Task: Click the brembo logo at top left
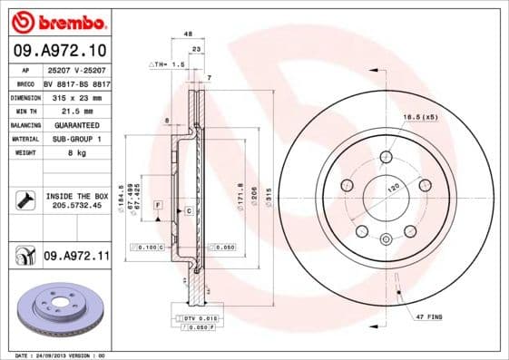[x=59, y=20]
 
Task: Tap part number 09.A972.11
[x=75, y=258]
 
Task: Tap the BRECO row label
[x=25, y=83]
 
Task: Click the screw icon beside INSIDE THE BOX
[x=24, y=199]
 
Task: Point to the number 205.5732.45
[x=76, y=206]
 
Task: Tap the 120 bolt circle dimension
[x=394, y=189]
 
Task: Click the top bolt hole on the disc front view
[x=385, y=154]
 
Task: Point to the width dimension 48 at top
[x=188, y=34]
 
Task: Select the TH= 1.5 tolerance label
[x=168, y=65]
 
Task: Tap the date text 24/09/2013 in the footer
[x=56, y=355]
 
